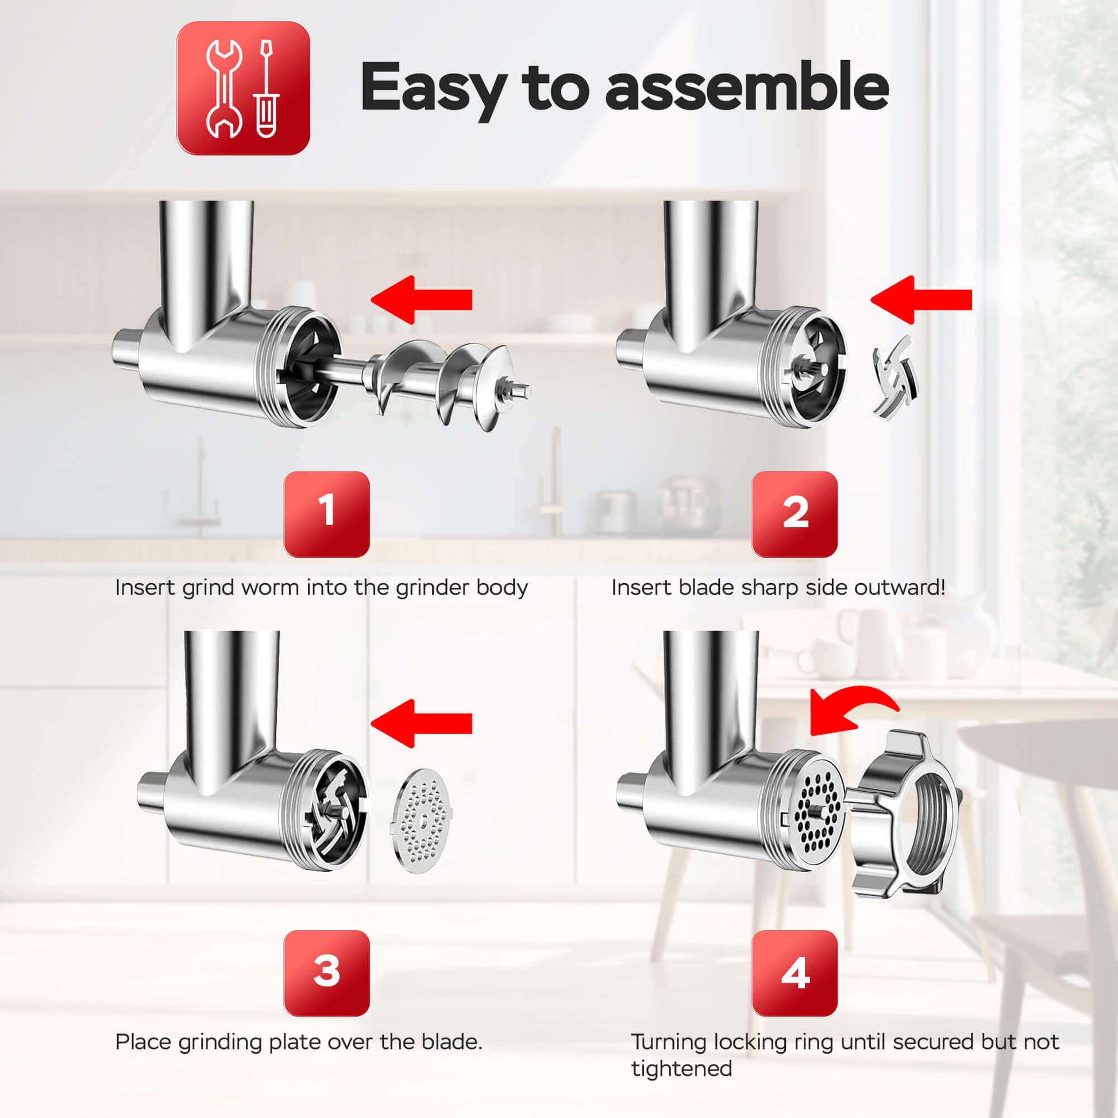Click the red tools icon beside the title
[243, 88]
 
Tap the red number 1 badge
[326, 514]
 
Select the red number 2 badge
[795, 514]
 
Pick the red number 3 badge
[326, 973]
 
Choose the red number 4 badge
[795, 973]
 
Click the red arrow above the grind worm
[421, 299]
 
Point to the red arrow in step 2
[922, 299]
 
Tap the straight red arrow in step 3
[421, 723]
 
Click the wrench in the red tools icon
[225, 88]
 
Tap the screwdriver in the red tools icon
[265, 88]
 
